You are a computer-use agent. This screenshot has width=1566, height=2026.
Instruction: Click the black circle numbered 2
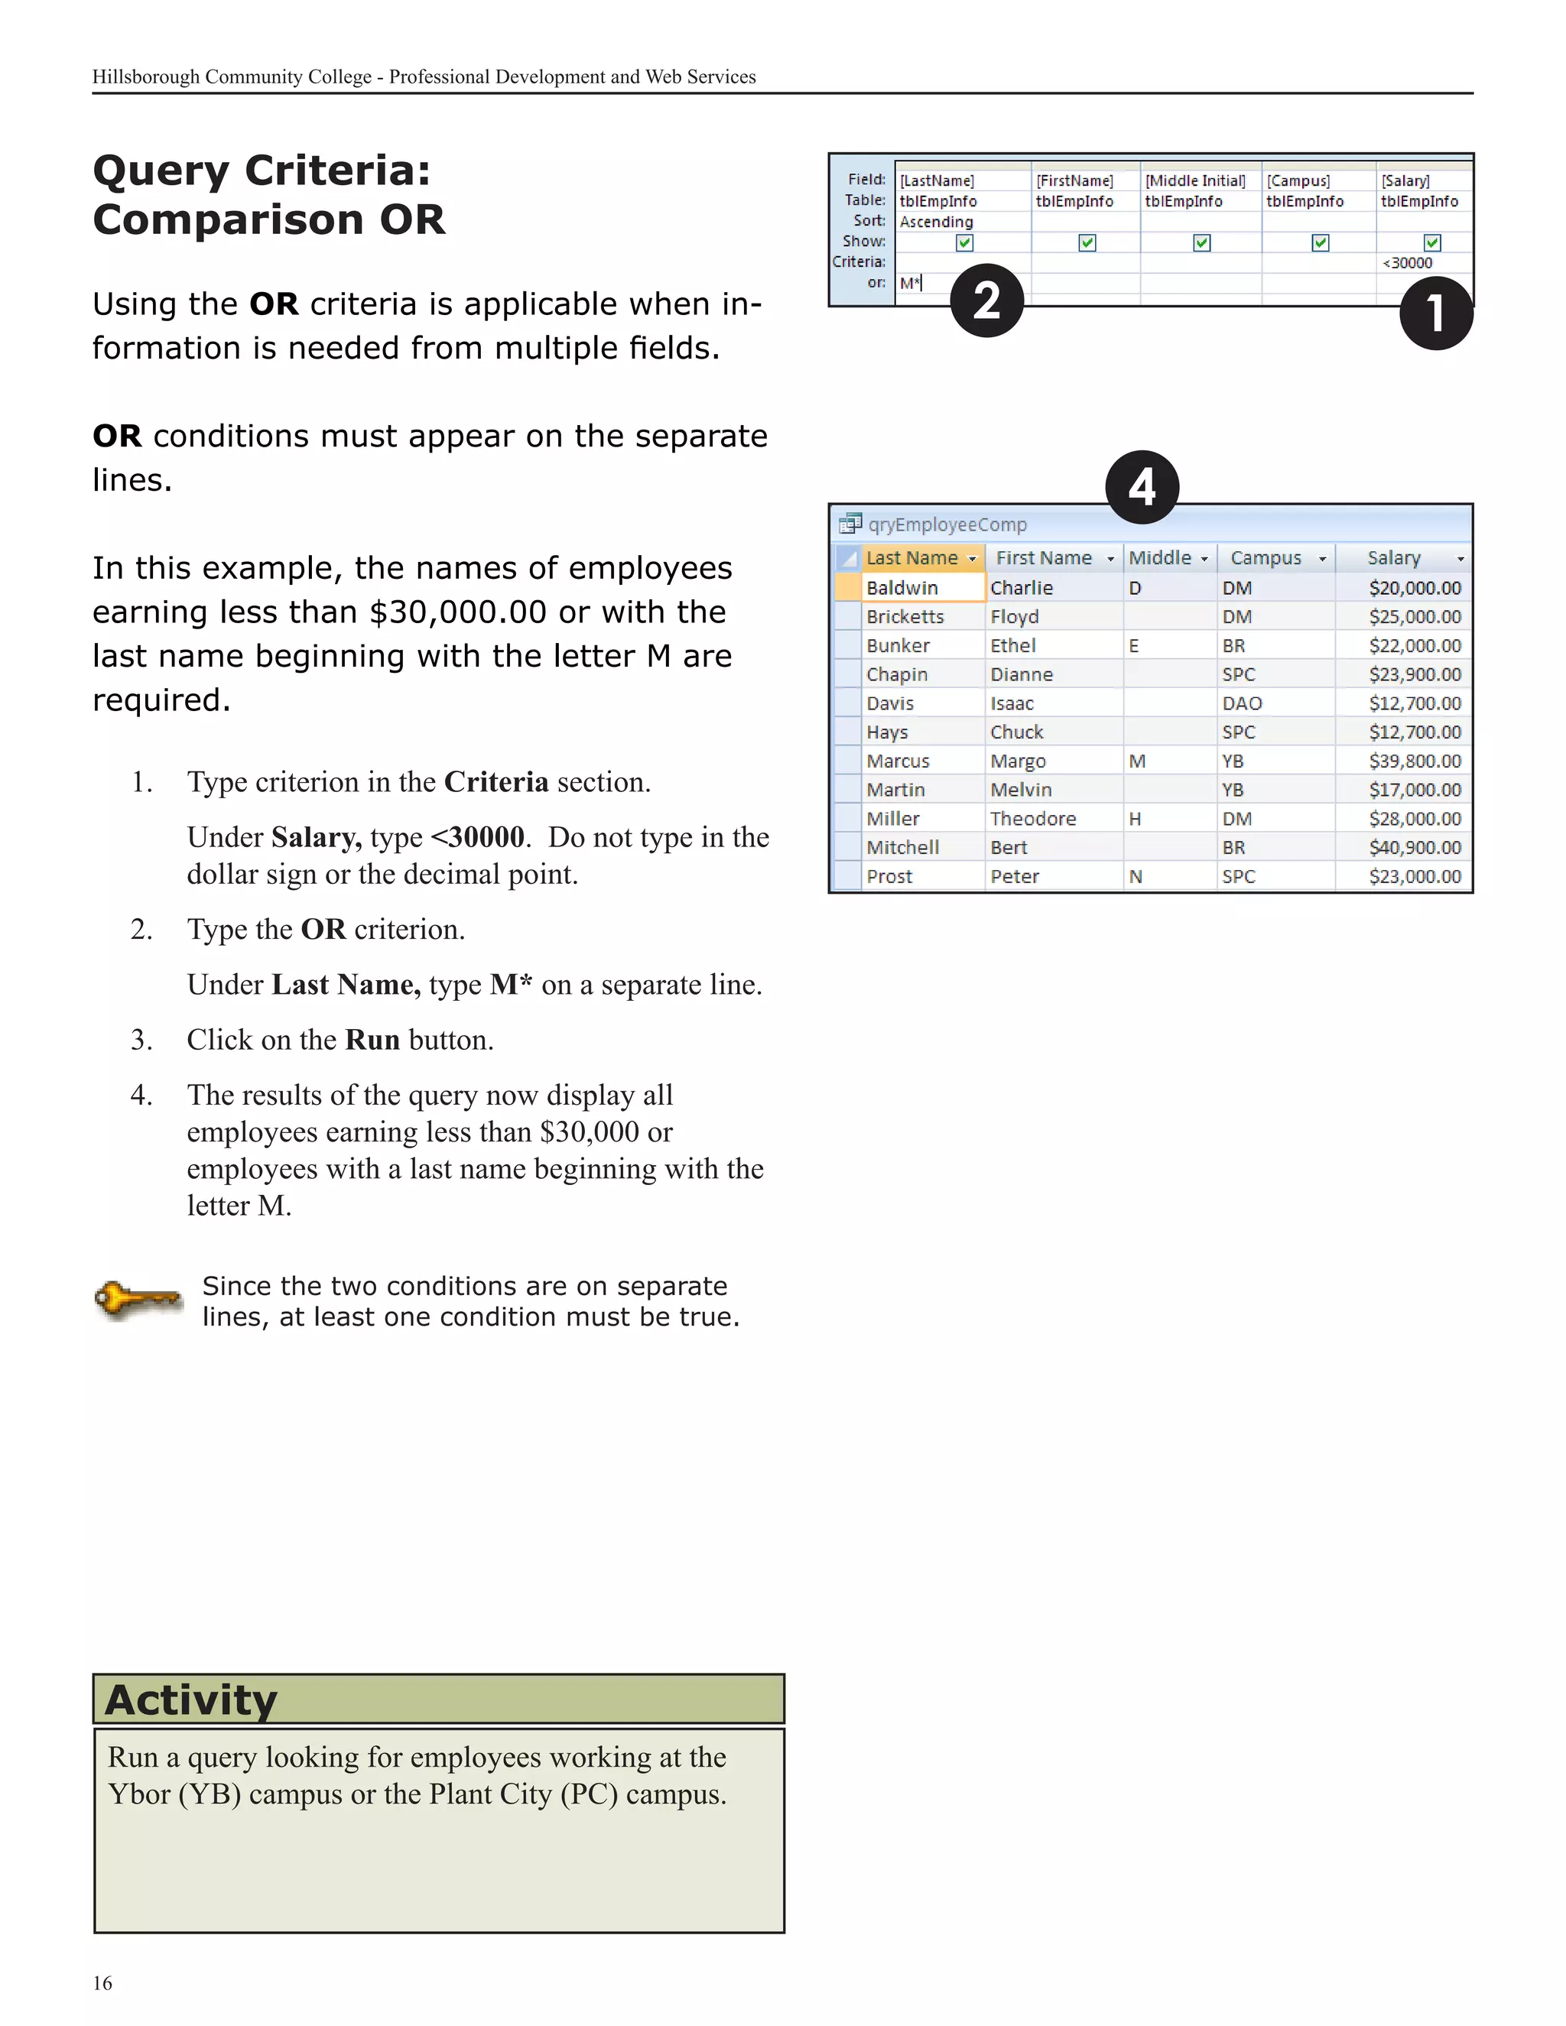tap(986, 300)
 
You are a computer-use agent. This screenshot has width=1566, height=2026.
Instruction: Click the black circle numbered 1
tap(1435, 313)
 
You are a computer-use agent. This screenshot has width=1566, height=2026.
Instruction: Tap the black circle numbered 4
tap(1141, 487)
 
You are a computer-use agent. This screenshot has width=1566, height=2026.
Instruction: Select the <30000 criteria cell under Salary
tap(1408, 262)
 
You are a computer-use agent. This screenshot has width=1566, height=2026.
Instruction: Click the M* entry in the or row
tap(910, 283)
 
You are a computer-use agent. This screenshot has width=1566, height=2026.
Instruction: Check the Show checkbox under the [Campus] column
tap(1320, 242)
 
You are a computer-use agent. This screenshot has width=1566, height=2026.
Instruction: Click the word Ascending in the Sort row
tap(936, 222)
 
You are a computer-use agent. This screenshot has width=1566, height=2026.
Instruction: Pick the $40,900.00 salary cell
tap(1414, 847)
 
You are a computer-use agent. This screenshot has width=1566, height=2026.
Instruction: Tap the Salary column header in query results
tap(1393, 557)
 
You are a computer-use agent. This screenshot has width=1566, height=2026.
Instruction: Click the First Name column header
tap(1043, 557)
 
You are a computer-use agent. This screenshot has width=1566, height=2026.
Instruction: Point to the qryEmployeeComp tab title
tap(947, 524)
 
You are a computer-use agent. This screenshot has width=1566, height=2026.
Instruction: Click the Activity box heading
tap(191, 1700)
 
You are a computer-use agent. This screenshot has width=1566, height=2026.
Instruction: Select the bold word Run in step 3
tap(372, 1040)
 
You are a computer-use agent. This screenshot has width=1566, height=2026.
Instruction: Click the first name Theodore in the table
tap(1032, 818)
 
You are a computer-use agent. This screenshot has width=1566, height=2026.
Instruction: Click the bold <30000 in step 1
tap(479, 836)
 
